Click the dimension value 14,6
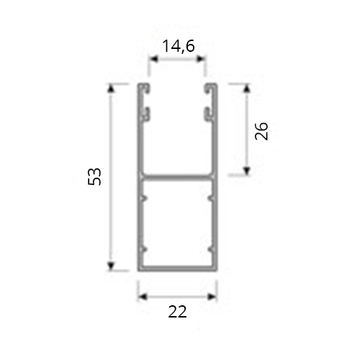tap(177, 47)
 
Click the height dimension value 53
tap(94, 176)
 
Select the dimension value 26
tap(262, 130)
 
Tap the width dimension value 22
tap(177, 312)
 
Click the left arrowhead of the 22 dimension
tap(142, 295)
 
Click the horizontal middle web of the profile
tap(177, 175)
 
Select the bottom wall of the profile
tap(177, 269)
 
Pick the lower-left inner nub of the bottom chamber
tap(144, 250)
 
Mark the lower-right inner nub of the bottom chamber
tap(211, 250)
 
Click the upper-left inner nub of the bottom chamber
tap(144, 195)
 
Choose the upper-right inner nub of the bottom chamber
tap(211, 195)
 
